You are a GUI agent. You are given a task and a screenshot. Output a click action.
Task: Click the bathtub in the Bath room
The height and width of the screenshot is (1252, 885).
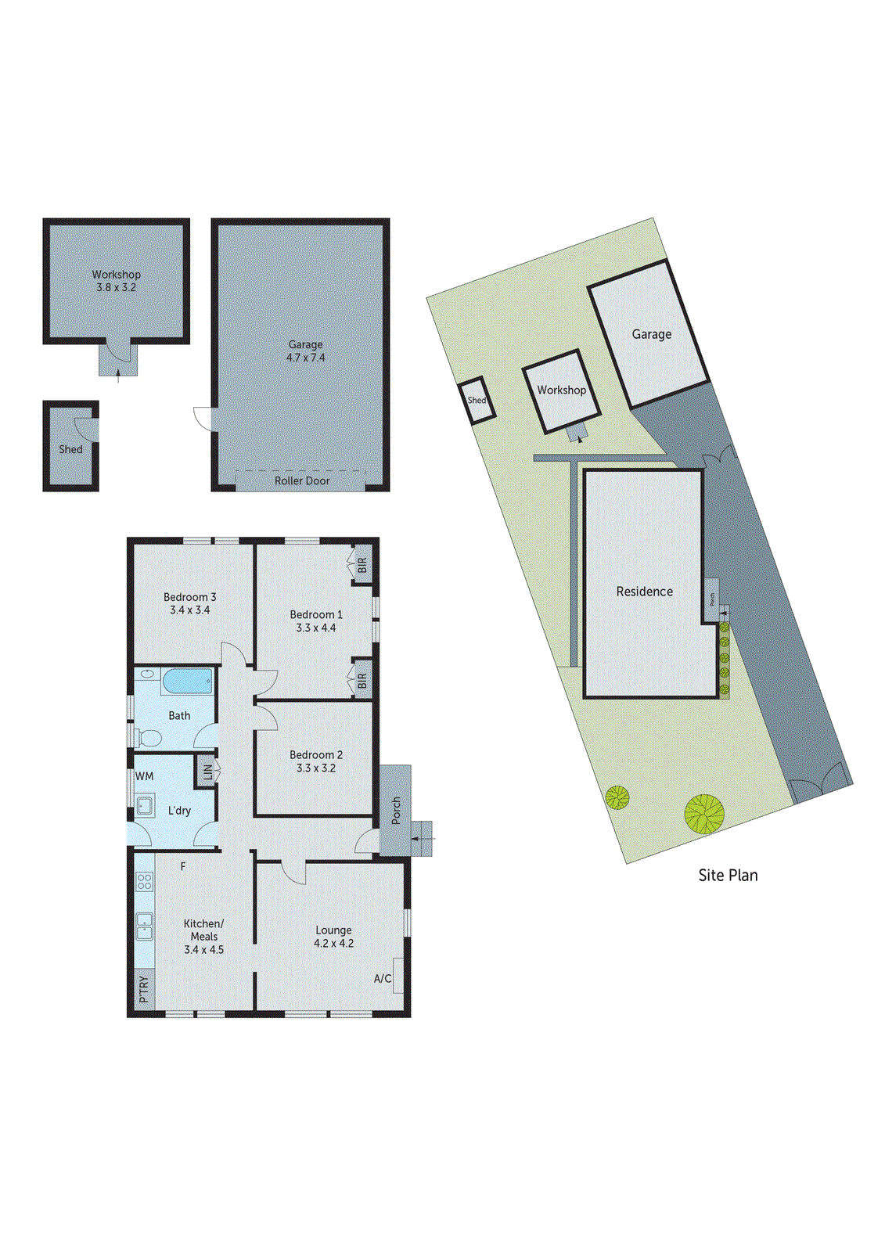187,681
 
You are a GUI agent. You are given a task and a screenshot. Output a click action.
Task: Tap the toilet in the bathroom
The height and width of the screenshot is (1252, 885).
149,737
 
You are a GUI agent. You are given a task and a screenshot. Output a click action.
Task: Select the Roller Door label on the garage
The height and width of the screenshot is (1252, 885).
302,480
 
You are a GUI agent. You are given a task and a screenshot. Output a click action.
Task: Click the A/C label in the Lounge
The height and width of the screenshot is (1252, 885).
383,979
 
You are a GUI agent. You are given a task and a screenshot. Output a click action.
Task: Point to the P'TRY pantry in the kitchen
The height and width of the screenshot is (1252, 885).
144,989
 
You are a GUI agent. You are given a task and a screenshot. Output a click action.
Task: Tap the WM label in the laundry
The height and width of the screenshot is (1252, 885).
145,776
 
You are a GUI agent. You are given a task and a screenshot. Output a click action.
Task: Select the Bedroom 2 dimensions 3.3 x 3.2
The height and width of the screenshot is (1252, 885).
316,768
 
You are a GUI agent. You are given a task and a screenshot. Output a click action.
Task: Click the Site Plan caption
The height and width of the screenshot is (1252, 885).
728,876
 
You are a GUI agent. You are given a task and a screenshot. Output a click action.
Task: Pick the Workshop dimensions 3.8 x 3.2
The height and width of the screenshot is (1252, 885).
117,287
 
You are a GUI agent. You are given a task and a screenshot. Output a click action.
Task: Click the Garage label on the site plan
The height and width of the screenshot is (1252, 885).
652,334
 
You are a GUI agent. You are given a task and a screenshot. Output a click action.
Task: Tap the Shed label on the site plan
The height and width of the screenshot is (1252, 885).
477,400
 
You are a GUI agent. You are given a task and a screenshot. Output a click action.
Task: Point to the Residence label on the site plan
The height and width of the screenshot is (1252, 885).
644,592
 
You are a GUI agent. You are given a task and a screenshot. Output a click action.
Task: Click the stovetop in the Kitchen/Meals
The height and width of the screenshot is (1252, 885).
145,882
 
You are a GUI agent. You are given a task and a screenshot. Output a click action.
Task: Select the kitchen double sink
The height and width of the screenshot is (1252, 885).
145,926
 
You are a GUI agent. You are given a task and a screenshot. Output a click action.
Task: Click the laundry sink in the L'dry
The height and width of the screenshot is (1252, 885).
145,805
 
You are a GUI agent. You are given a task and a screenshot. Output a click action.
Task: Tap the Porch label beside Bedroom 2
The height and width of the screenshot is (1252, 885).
396,810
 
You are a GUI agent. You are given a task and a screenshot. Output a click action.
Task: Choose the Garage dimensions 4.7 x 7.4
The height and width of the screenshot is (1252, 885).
305,358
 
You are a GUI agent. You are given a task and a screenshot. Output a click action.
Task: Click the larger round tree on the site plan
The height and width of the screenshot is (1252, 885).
704,814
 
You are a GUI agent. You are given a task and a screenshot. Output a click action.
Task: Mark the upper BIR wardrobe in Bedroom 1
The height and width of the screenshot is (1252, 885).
362,564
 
